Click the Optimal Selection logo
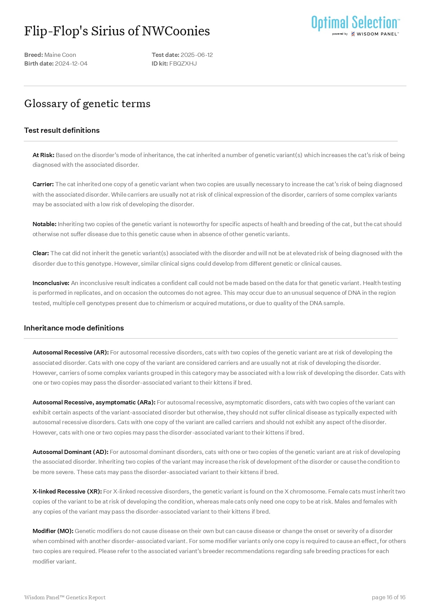tap(356, 25)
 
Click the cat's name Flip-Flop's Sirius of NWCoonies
tap(117, 31)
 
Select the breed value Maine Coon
tap(60, 55)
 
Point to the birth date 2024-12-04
tap(71, 63)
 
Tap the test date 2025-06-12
tap(197, 55)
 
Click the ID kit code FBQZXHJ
tap(183, 63)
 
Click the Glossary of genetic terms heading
tap(87, 103)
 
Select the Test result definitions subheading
tap(62, 130)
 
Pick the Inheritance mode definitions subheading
tap(74, 328)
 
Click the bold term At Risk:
tap(43, 155)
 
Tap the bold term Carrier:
tap(43, 184)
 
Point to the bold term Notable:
tap(44, 224)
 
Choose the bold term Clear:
tap(41, 253)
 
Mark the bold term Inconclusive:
tap(51, 283)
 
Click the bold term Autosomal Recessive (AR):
tap(71, 352)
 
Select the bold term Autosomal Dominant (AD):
tap(70, 452)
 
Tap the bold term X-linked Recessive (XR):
tap(67, 491)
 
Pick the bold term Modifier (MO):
tap(53, 531)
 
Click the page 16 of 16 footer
tap(388, 597)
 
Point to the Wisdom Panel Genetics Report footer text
tap(65, 597)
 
